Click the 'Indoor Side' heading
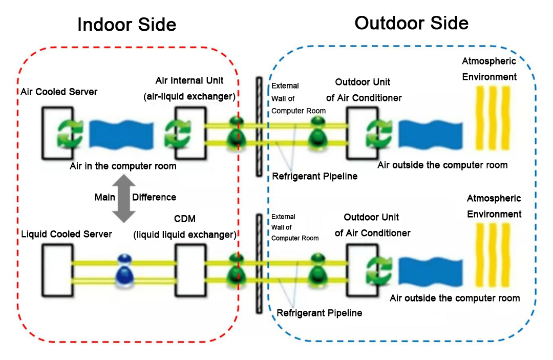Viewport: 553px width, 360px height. coord(126,25)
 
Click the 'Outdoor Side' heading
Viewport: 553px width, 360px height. coord(411,23)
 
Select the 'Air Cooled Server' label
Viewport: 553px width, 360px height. coord(59,92)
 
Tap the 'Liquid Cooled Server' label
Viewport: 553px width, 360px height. coord(67,234)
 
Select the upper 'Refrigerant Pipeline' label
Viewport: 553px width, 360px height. coord(314,176)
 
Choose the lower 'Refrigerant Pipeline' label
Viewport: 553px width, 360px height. coord(319,312)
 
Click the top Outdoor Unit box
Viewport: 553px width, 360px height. coord(361,132)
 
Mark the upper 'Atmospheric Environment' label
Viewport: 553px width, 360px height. coord(489,69)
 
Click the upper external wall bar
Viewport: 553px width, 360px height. coord(259,128)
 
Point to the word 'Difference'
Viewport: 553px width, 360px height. coord(154,197)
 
